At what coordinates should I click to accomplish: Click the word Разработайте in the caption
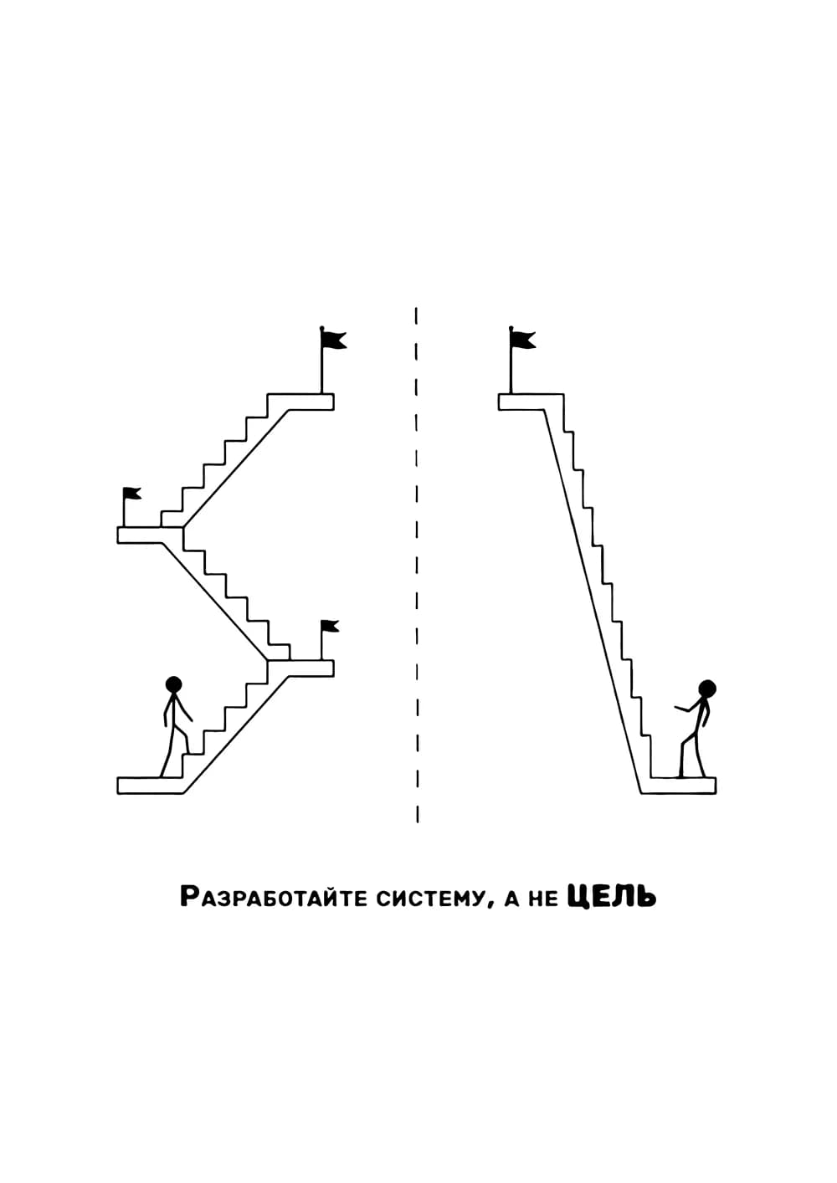click(274, 897)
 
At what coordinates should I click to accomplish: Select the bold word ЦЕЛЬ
click(612, 896)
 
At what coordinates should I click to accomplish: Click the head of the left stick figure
click(173, 684)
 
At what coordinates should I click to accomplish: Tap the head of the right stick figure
click(707, 689)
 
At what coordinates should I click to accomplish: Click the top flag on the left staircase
click(333, 340)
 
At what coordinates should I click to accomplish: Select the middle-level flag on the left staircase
click(131, 494)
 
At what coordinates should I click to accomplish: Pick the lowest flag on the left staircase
click(329, 627)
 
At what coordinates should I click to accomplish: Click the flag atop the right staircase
click(522, 340)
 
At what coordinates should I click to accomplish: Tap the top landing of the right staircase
click(531, 402)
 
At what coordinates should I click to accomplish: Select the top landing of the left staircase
click(300, 402)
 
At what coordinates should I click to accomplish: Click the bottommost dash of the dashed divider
click(417, 814)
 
